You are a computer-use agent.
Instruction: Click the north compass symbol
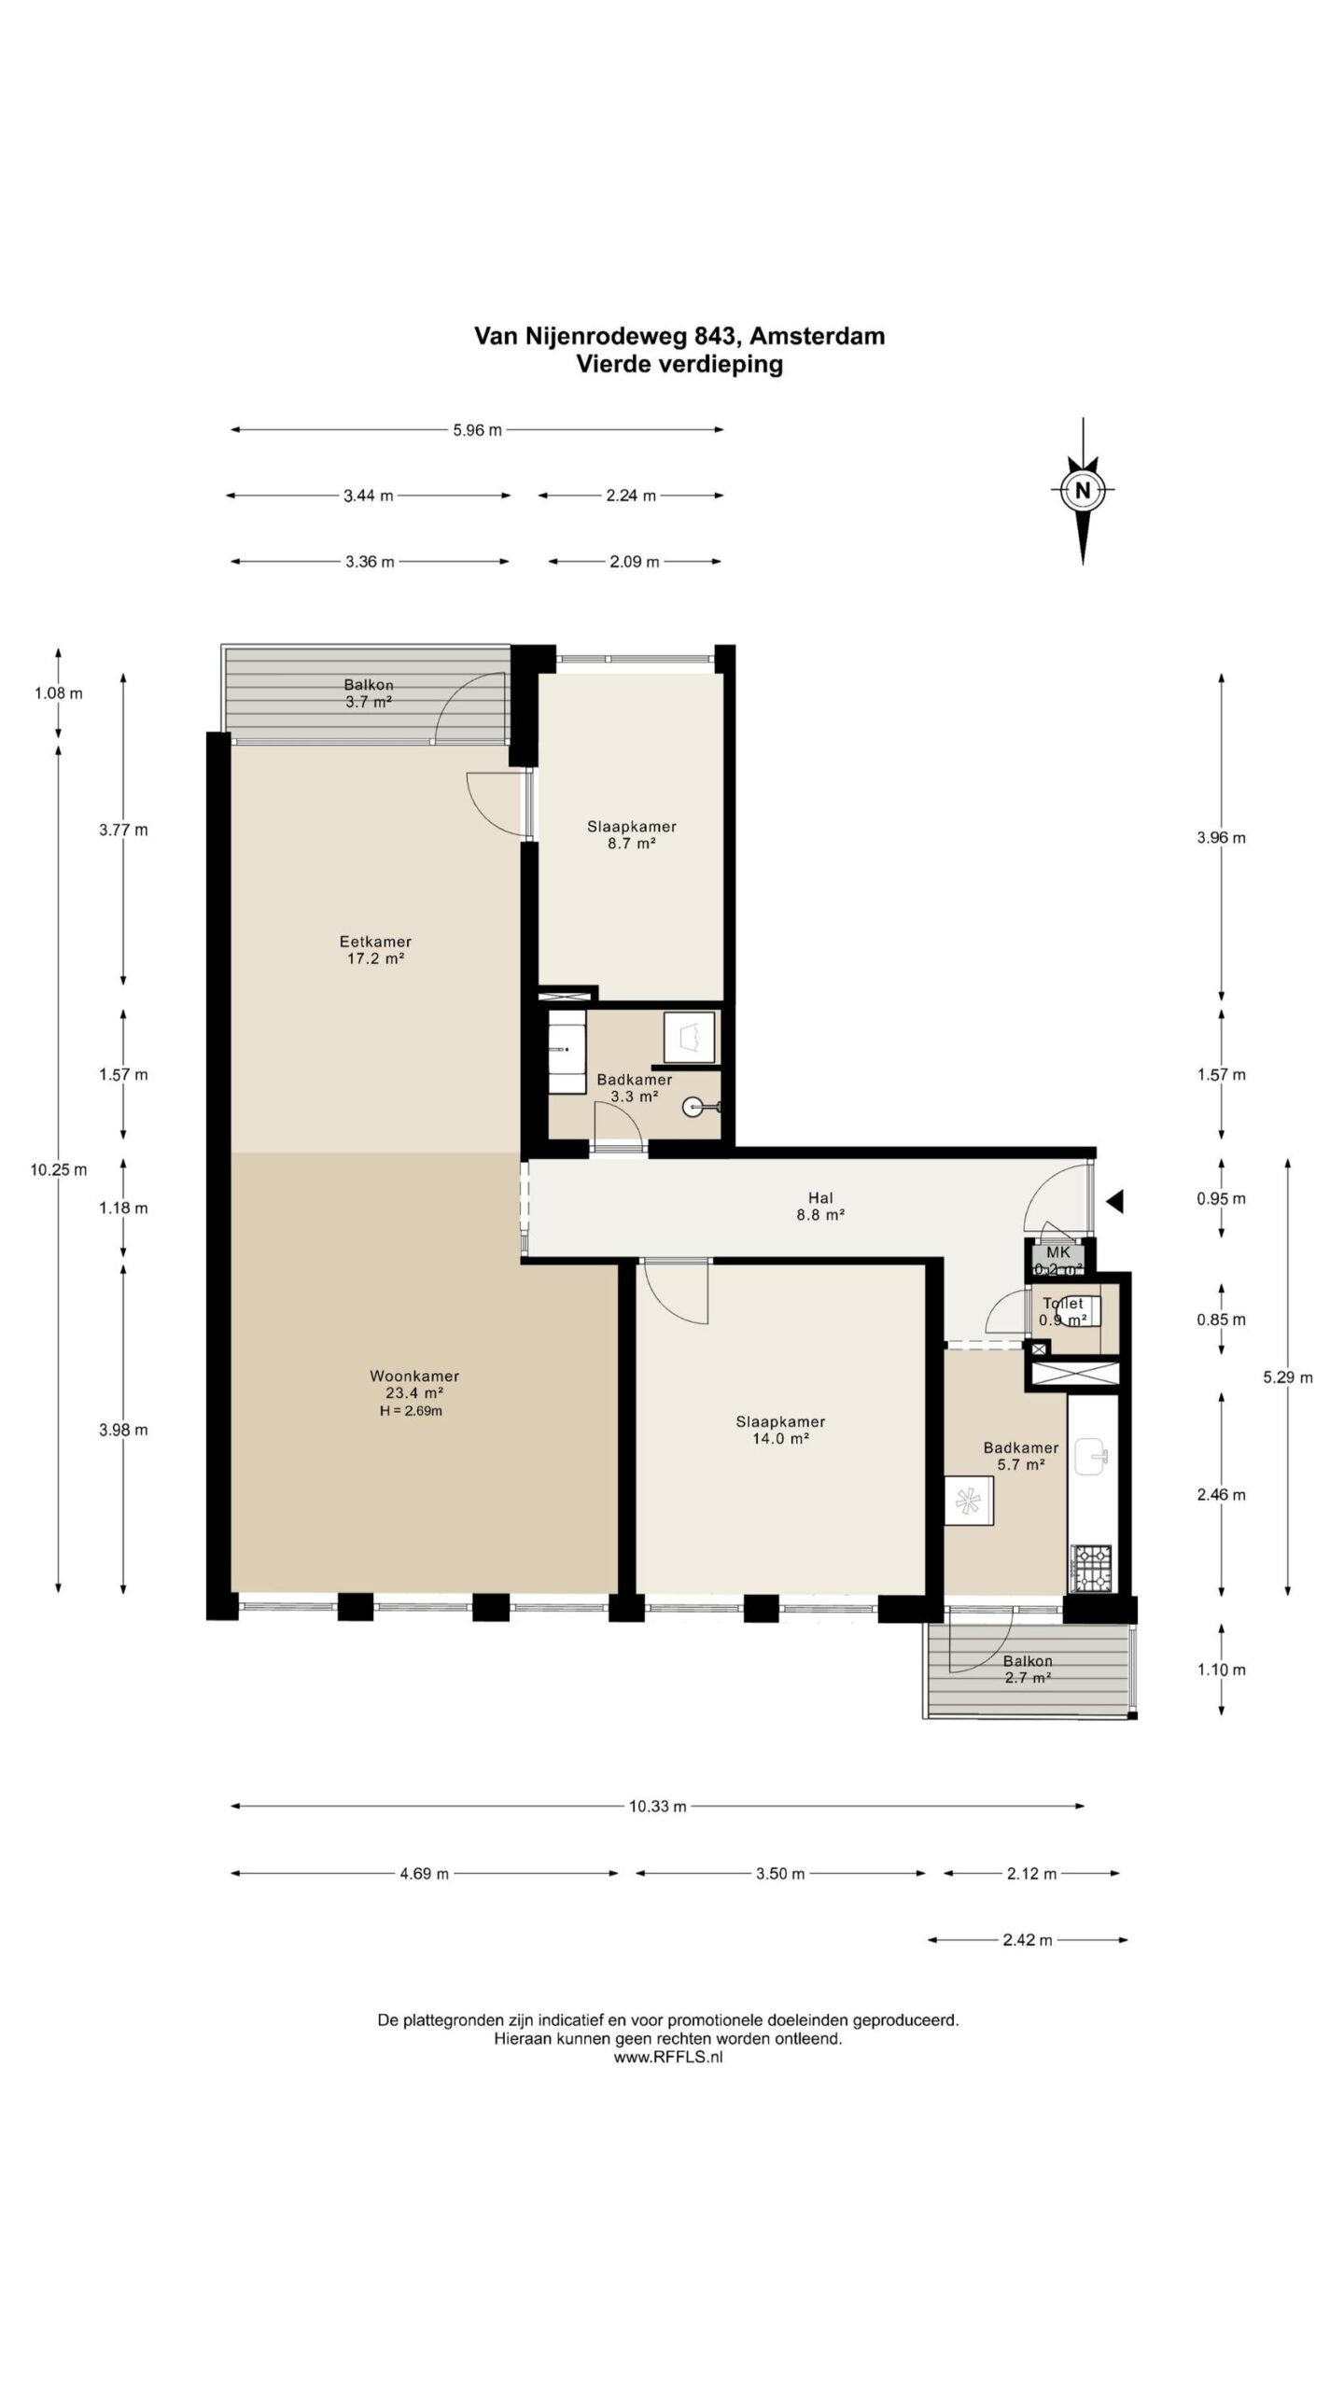pyautogui.click(x=1083, y=490)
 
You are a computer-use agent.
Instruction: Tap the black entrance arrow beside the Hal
pyautogui.click(x=1114, y=1202)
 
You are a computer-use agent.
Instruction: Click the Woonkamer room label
pyautogui.click(x=414, y=1376)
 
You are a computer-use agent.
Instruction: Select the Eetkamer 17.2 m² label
pyautogui.click(x=375, y=950)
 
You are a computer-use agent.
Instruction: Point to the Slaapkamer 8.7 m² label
pyautogui.click(x=632, y=834)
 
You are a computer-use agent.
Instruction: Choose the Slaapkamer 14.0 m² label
pyautogui.click(x=780, y=1430)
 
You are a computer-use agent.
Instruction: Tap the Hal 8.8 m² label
pyautogui.click(x=821, y=1206)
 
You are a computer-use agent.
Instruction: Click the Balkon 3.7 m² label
pyautogui.click(x=368, y=694)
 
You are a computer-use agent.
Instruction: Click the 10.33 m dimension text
pyautogui.click(x=658, y=1806)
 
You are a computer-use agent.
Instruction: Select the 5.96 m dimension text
pyautogui.click(x=478, y=430)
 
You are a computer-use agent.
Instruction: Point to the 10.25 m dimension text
pyautogui.click(x=58, y=1169)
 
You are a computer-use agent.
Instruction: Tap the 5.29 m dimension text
pyautogui.click(x=1288, y=1377)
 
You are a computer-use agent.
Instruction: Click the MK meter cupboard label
pyautogui.click(x=1058, y=1252)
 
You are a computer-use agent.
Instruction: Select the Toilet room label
pyautogui.click(x=1063, y=1303)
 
